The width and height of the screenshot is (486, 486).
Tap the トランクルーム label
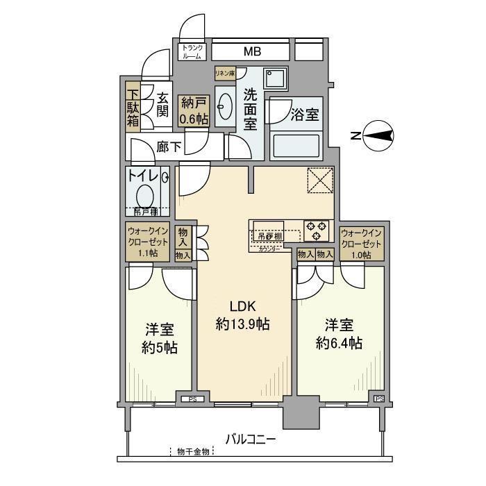point(192,52)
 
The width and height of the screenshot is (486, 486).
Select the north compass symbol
point(378,136)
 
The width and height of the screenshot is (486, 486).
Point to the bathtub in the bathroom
point(294,146)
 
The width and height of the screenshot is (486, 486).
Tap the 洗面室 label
point(250,108)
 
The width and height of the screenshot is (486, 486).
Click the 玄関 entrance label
point(162,105)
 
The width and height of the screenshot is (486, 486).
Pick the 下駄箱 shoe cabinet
point(133,105)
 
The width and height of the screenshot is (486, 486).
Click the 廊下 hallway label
point(169,146)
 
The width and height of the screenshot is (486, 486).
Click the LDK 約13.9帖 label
point(242,315)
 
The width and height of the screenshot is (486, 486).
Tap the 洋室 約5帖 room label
point(159,338)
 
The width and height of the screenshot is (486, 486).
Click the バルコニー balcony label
point(251,439)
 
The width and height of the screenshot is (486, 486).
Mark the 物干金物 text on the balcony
point(194,452)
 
